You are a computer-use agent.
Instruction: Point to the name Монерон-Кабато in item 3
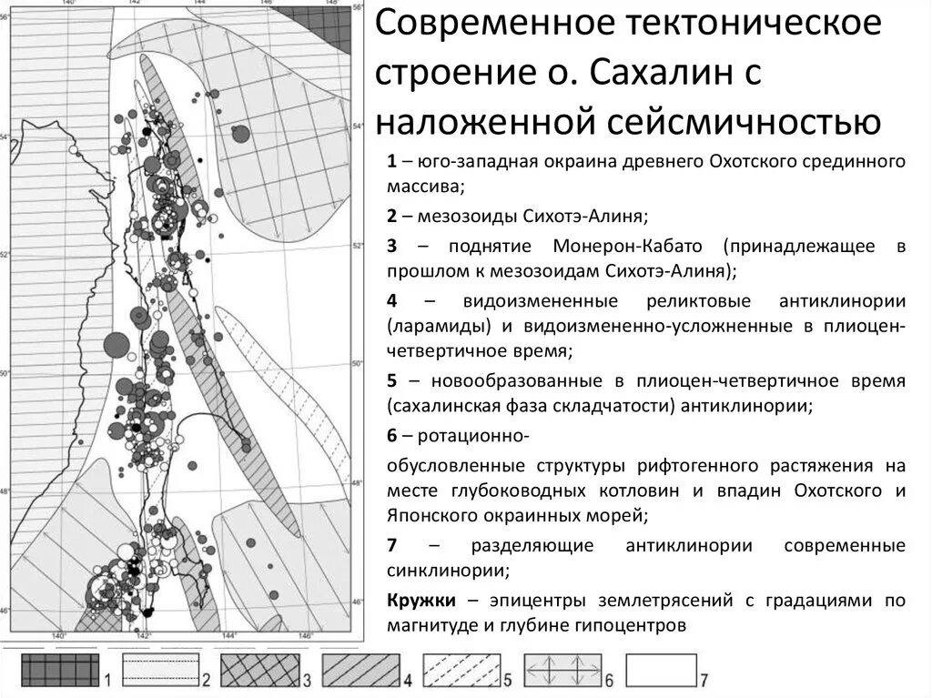click(626, 248)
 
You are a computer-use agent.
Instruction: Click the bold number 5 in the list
click(391, 380)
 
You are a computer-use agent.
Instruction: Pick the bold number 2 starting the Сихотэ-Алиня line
click(391, 217)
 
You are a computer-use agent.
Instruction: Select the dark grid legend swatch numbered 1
click(59, 673)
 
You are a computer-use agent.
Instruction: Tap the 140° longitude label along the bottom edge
click(60, 634)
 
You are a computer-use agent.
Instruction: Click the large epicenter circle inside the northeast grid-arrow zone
click(240, 135)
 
